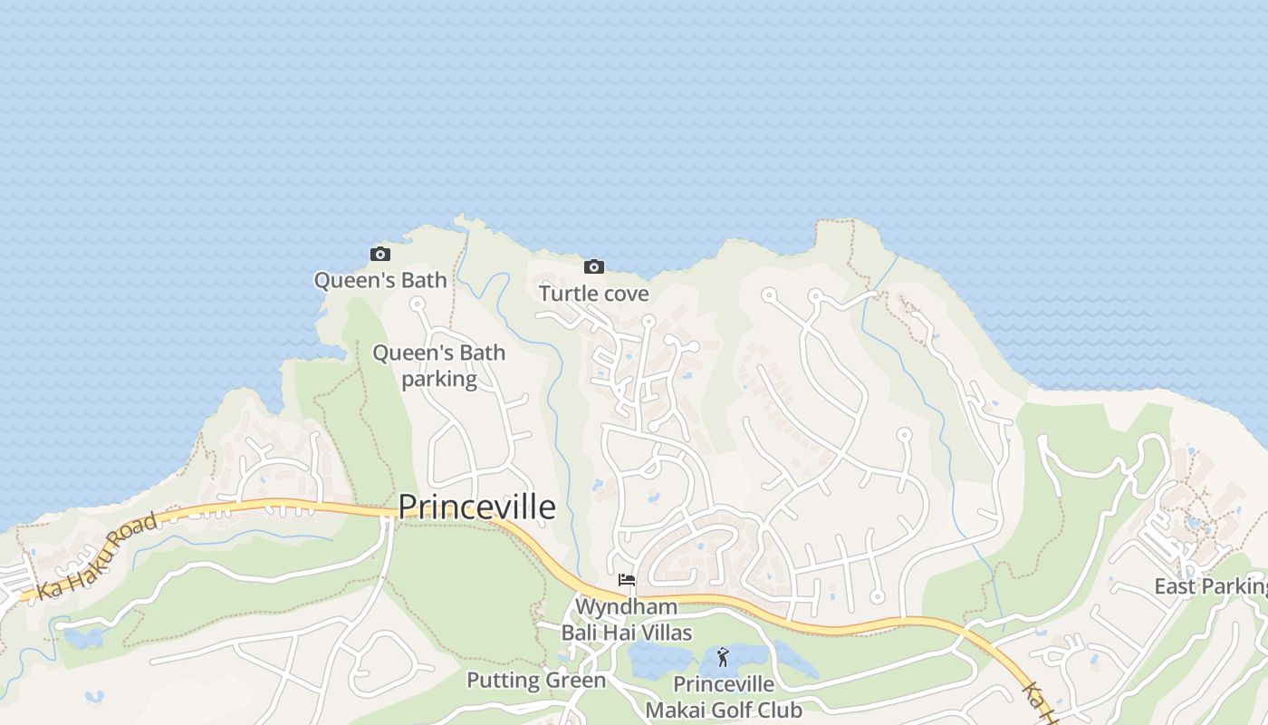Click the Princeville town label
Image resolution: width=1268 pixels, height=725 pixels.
pyautogui.click(x=476, y=507)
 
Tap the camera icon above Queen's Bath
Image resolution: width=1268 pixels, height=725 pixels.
pyautogui.click(x=380, y=255)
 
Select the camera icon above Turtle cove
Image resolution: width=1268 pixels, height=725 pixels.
pyautogui.click(x=594, y=266)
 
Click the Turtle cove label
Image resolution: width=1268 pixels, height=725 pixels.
pyautogui.click(x=594, y=294)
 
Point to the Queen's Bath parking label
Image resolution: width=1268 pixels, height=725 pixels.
pyautogui.click(x=439, y=365)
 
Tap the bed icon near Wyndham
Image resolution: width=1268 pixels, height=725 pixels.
pyautogui.click(x=627, y=580)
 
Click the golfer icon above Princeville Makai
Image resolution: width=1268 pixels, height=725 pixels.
pyautogui.click(x=723, y=657)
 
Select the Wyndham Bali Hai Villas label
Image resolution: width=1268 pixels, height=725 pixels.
pyautogui.click(x=627, y=619)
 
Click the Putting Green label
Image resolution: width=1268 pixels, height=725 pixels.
pyautogui.click(x=536, y=681)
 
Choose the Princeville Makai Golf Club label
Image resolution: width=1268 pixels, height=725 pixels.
pyautogui.click(x=724, y=696)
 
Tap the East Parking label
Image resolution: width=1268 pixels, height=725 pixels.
pyautogui.click(x=1210, y=586)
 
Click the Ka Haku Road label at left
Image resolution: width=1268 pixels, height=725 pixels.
pyautogui.click(x=98, y=554)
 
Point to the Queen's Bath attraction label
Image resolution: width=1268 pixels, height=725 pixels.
pyautogui.click(x=380, y=280)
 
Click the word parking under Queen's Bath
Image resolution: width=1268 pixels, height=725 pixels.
pyautogui.click(x=439, y=378)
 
